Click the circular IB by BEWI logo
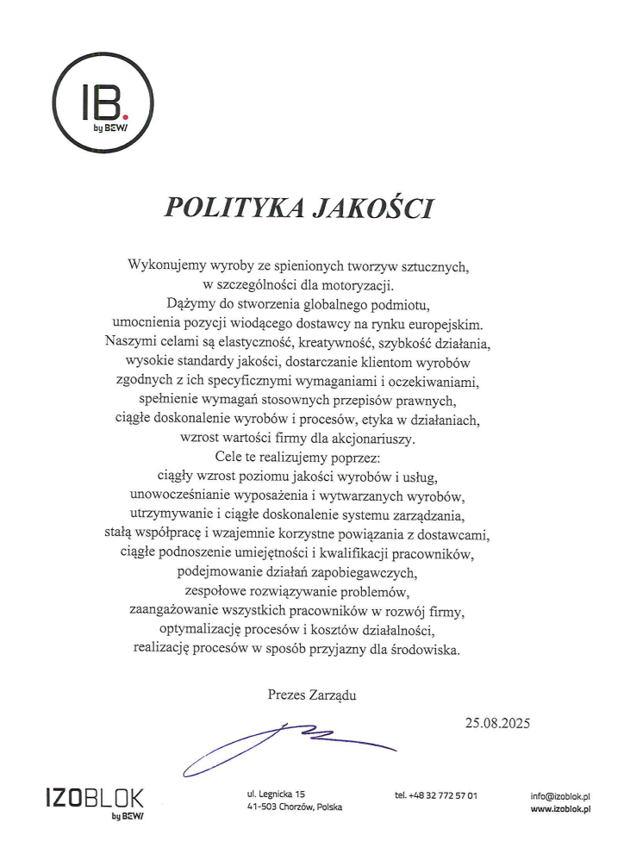click(103, 102)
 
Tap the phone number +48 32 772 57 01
click(436, 795)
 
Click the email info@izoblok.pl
click(565, 795)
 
